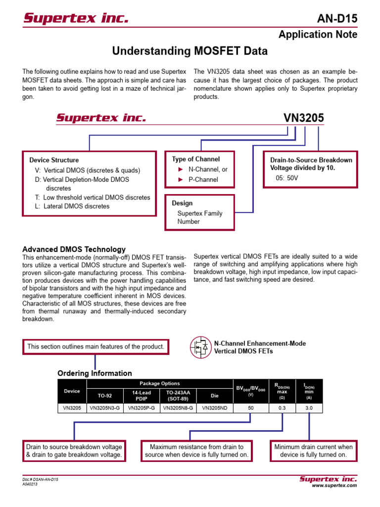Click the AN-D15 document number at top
click(336, 19)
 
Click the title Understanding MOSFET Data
click(190, 51)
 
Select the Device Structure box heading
click(54, 160)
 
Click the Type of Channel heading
click(196, 159)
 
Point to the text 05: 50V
click(287, 178)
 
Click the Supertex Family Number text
click(200, 217)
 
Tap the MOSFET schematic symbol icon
click(200, 347)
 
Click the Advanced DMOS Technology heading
click(74, 249)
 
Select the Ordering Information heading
click(95, 373)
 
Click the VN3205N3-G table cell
click(104, 408)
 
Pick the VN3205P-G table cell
click(141, 408)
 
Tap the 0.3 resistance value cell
click(282, 408)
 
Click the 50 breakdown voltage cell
click(250, 408)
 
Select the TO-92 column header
click(104, 396)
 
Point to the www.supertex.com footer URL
click(334, 486)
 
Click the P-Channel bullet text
click(203, 180)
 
